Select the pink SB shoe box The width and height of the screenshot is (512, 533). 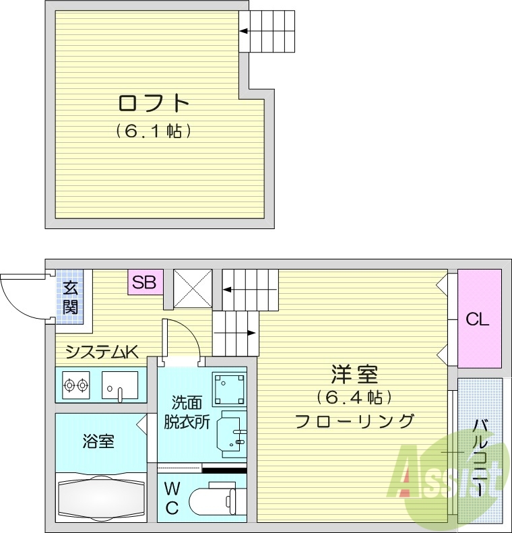pyautogui.click(x=144, y=282)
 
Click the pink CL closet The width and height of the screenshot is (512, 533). pyautogui.click(x=479, y=319)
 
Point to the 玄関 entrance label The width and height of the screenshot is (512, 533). pyautogui.click(x=70, y=299)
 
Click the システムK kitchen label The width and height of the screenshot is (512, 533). pyautogui.click(x=102, y=352)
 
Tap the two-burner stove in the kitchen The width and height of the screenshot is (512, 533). pyautogui.click(x=75, y=386)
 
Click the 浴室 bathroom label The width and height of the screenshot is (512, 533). pyautogui.click(x=98, y=442)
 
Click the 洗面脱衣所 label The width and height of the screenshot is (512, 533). pyautogui.click(x=185, y=412)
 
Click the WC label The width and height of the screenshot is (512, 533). pyautogui.click(x=172, y=498)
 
